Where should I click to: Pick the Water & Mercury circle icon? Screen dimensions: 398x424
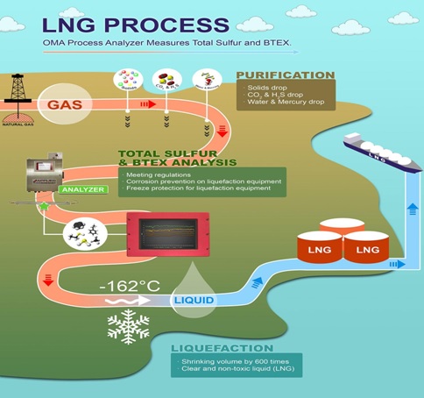[x=205, y=82]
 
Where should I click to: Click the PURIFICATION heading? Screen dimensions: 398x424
[x=285, y=75]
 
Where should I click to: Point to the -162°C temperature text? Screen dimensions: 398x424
[x=131, y=288]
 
